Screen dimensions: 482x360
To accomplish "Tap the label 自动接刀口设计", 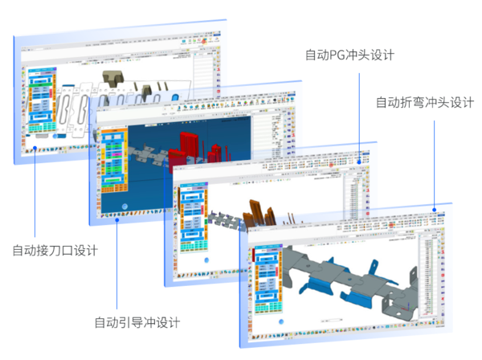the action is [x=55, y=250].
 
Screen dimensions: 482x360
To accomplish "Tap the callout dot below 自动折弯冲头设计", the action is [x=435, y=211].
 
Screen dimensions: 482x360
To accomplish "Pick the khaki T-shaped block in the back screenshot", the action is [x=110, y=80].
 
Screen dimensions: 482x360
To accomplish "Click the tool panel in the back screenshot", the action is [x=39, y=100].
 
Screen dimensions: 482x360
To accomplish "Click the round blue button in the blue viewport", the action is [x=125, y=205].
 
